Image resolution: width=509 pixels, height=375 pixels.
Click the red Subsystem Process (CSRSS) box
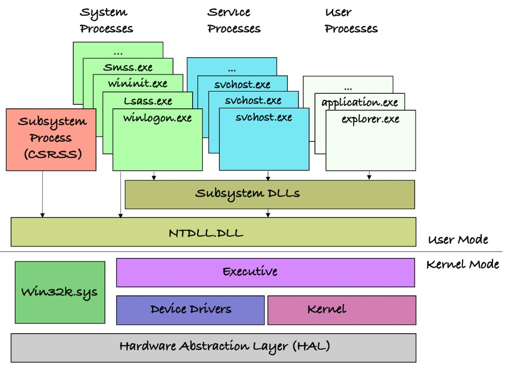tap(51, 139)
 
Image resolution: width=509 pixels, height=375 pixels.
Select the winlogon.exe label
tap(157, 118)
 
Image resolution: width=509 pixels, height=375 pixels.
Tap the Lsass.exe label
tap(148, 101)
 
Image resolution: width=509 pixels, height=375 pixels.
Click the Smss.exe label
tap(128, 67)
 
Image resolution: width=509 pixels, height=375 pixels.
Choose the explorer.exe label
tap(370, 119)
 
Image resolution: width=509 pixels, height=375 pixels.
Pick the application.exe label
tap(360, 102)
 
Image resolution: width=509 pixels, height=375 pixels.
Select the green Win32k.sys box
tap(60, 292)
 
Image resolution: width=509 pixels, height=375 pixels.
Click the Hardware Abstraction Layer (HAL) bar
tap(213, 347)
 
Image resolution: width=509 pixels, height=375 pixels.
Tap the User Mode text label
tap(458, 239)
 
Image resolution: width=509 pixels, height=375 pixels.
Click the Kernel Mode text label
tap(462, 265)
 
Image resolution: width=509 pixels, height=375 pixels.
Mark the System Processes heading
tap(106, 20)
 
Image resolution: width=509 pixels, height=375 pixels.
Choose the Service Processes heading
tap(234, 20)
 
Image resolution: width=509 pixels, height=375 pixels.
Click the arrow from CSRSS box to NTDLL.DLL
tap(43, 194)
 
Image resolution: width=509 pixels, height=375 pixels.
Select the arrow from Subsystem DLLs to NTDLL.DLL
tap(268, 213)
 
